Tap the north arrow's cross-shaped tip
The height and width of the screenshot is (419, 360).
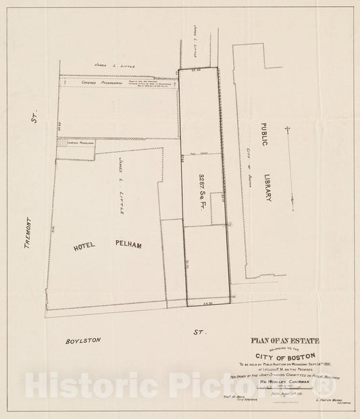pos(288,128)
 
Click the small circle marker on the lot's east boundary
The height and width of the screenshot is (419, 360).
pos(230,223)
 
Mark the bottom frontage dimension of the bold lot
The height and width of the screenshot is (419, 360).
pos(208,306)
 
